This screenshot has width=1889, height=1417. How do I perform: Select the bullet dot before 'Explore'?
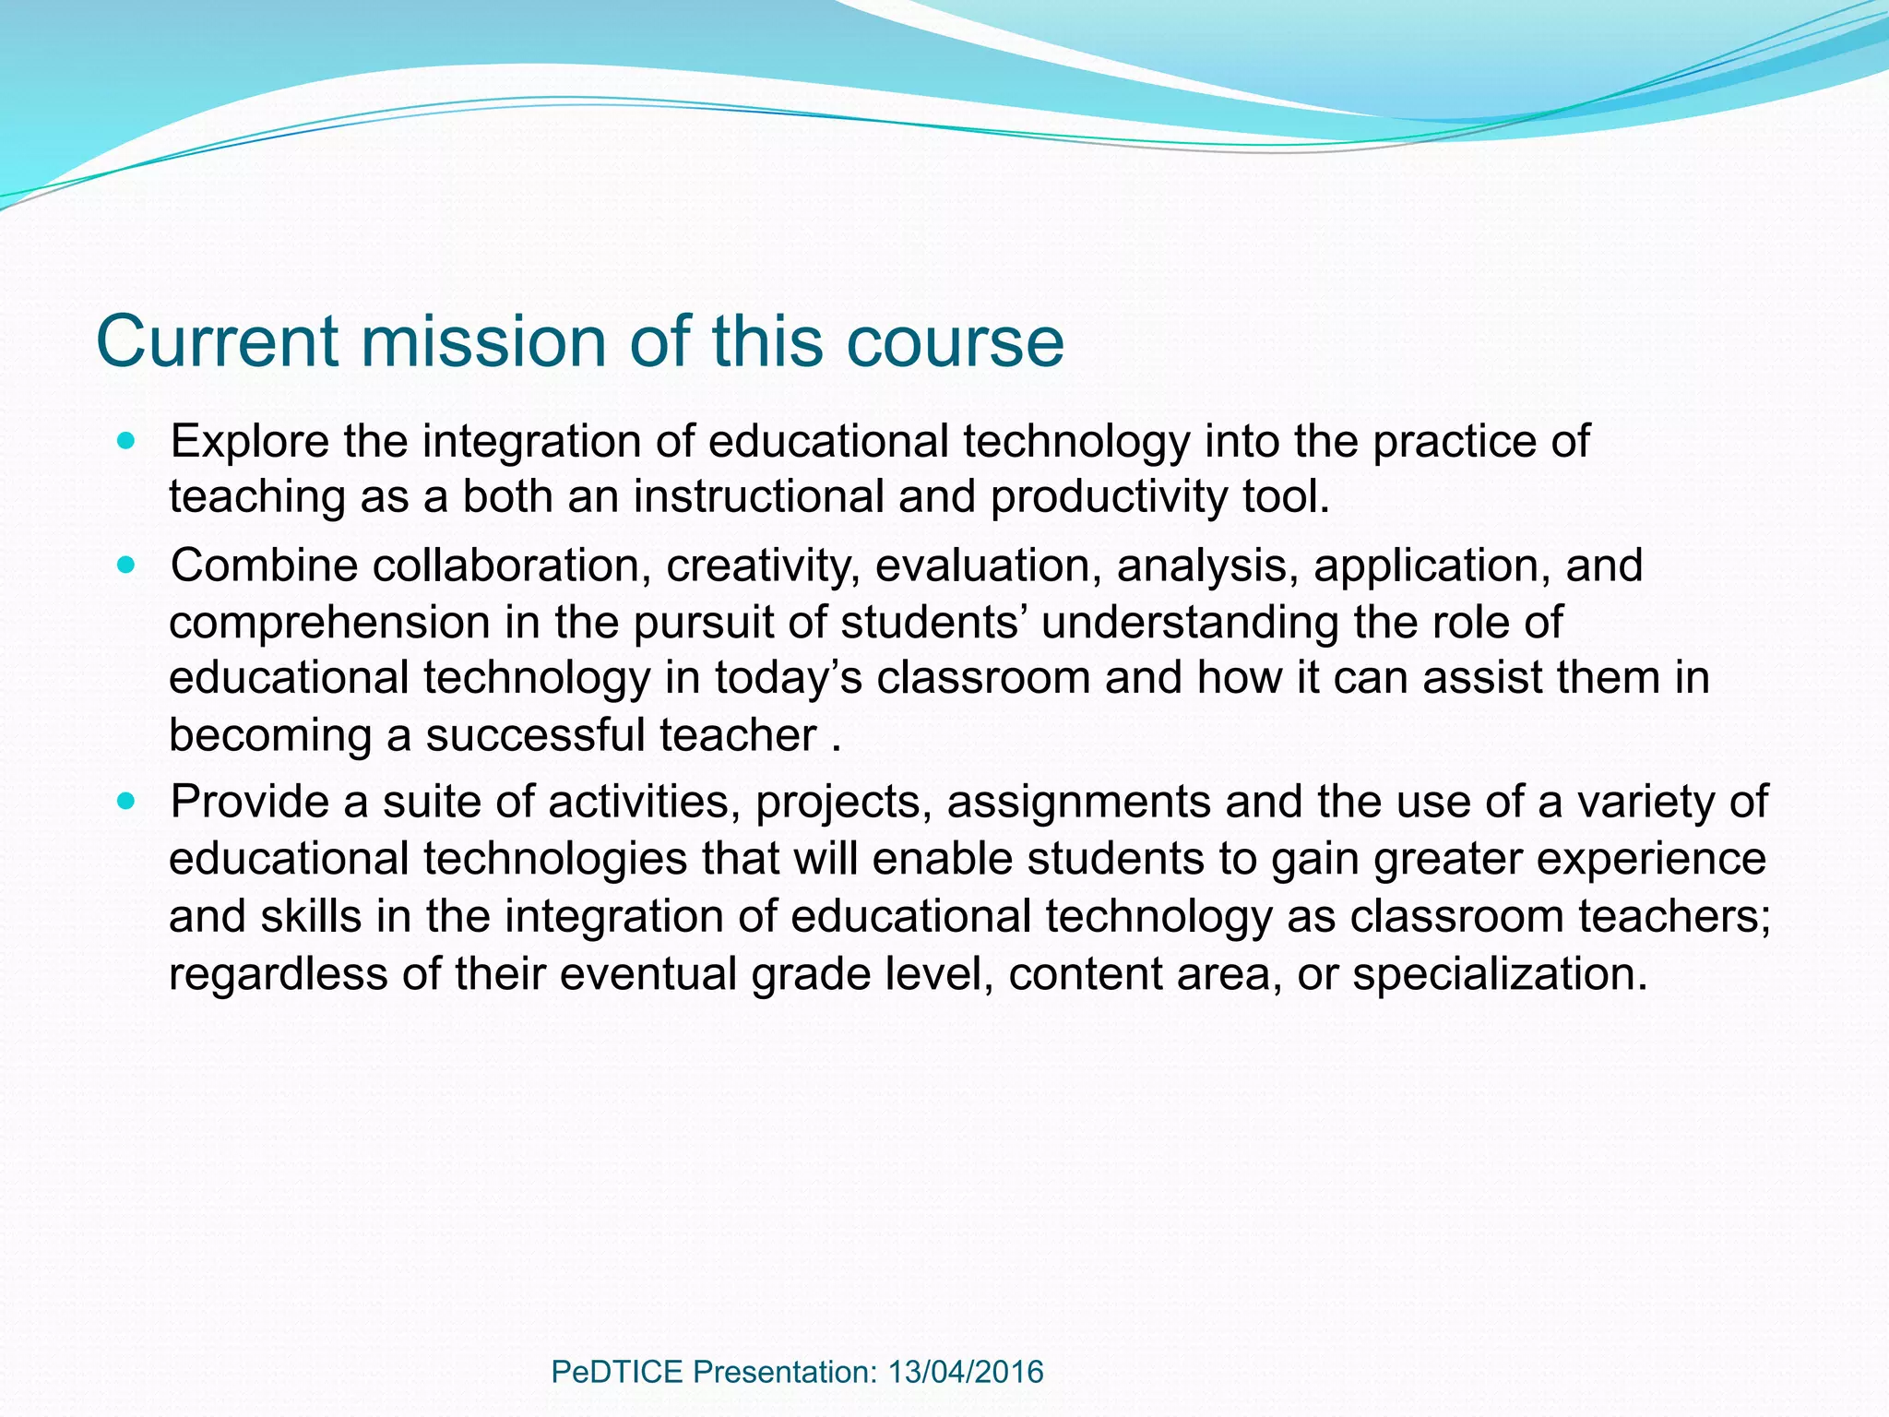coord(126,441)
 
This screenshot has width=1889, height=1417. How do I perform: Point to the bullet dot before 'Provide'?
coord(126,801)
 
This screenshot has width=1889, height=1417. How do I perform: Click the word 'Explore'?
coord(250,441)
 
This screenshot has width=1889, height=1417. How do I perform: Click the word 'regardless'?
coord(278,973)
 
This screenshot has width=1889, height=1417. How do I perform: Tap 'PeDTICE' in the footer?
coord(616,1372)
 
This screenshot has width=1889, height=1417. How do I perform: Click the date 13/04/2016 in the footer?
coord(965,1372)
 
